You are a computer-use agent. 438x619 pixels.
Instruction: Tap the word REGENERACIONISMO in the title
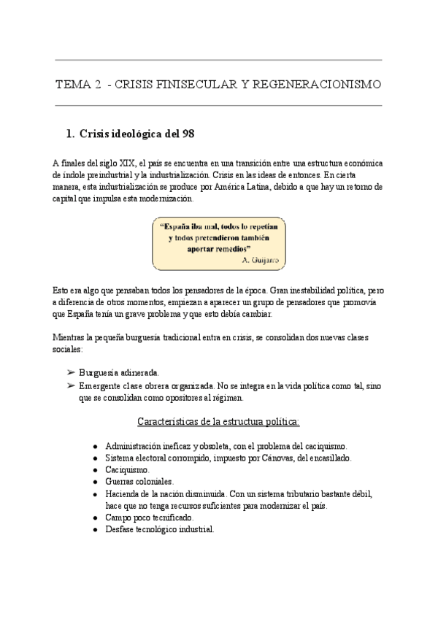(x=316, y=85)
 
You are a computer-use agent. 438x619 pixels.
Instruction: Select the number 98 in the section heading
(x=186, y=134)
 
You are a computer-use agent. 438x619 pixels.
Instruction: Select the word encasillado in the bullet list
(x=328, y=458)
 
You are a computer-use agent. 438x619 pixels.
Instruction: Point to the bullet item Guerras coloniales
(x=139, y=482)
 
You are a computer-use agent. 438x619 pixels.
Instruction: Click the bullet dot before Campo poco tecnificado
(x=96, y=518)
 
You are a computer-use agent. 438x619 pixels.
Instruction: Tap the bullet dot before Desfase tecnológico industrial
(x=96, y=530)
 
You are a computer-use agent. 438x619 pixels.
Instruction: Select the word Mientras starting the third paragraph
(x=70, y=337)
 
